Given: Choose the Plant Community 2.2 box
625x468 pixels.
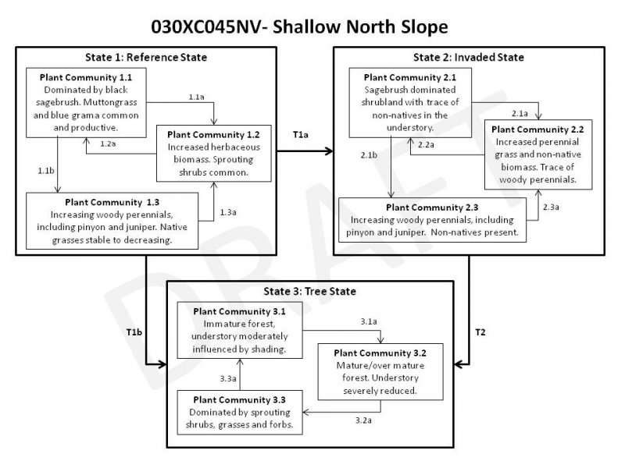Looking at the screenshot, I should pyautogui.click(x=537, y=152).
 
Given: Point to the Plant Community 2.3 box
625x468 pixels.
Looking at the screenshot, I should pyautogui.click(x=434, y=219).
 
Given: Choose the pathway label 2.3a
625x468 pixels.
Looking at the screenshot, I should pyautogui.click(x=550, y=207).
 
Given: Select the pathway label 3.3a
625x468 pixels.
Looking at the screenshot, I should pyautogui.click(x=228, y=378).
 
